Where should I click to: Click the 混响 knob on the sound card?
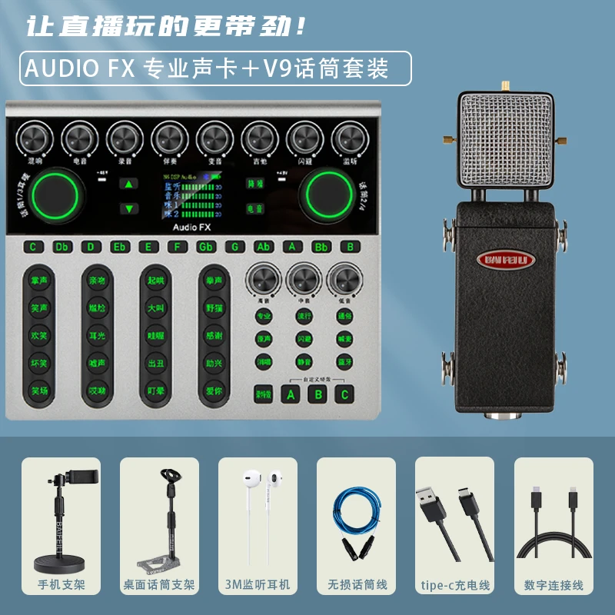coord(35,138)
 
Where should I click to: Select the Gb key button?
coord(206,247)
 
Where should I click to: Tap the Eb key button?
coord(119,247)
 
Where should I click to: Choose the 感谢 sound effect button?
coord(214,335)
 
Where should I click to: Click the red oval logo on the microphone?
coord(506,259)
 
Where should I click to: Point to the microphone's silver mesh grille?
coord(506,142)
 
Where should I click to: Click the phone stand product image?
coord(61,515)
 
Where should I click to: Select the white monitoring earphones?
coord(258,511)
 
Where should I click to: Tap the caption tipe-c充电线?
coord(454,585)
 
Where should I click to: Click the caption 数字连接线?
coord(553,585)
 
